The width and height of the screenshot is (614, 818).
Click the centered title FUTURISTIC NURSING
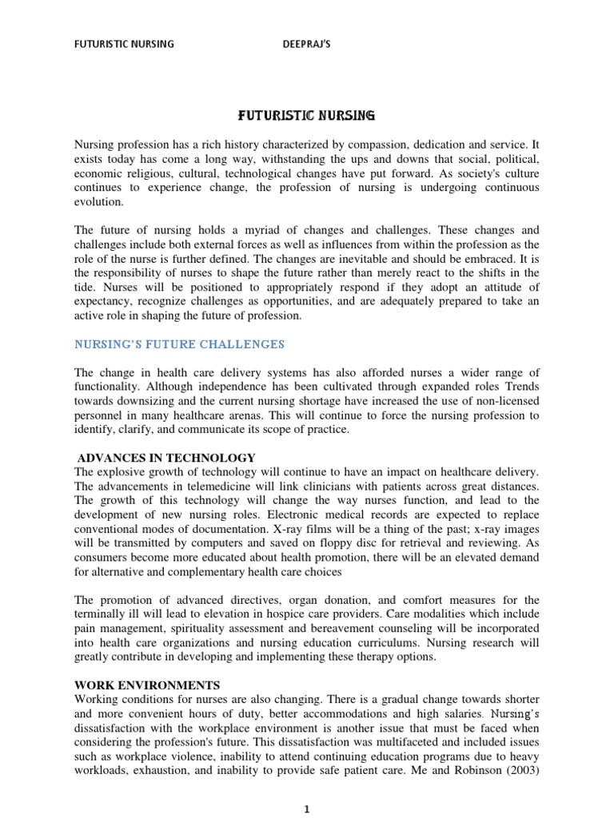pyautogui.click(x=307, y=116)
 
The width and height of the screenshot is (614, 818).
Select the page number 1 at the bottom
pyautogui.click(x=307, y=809)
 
